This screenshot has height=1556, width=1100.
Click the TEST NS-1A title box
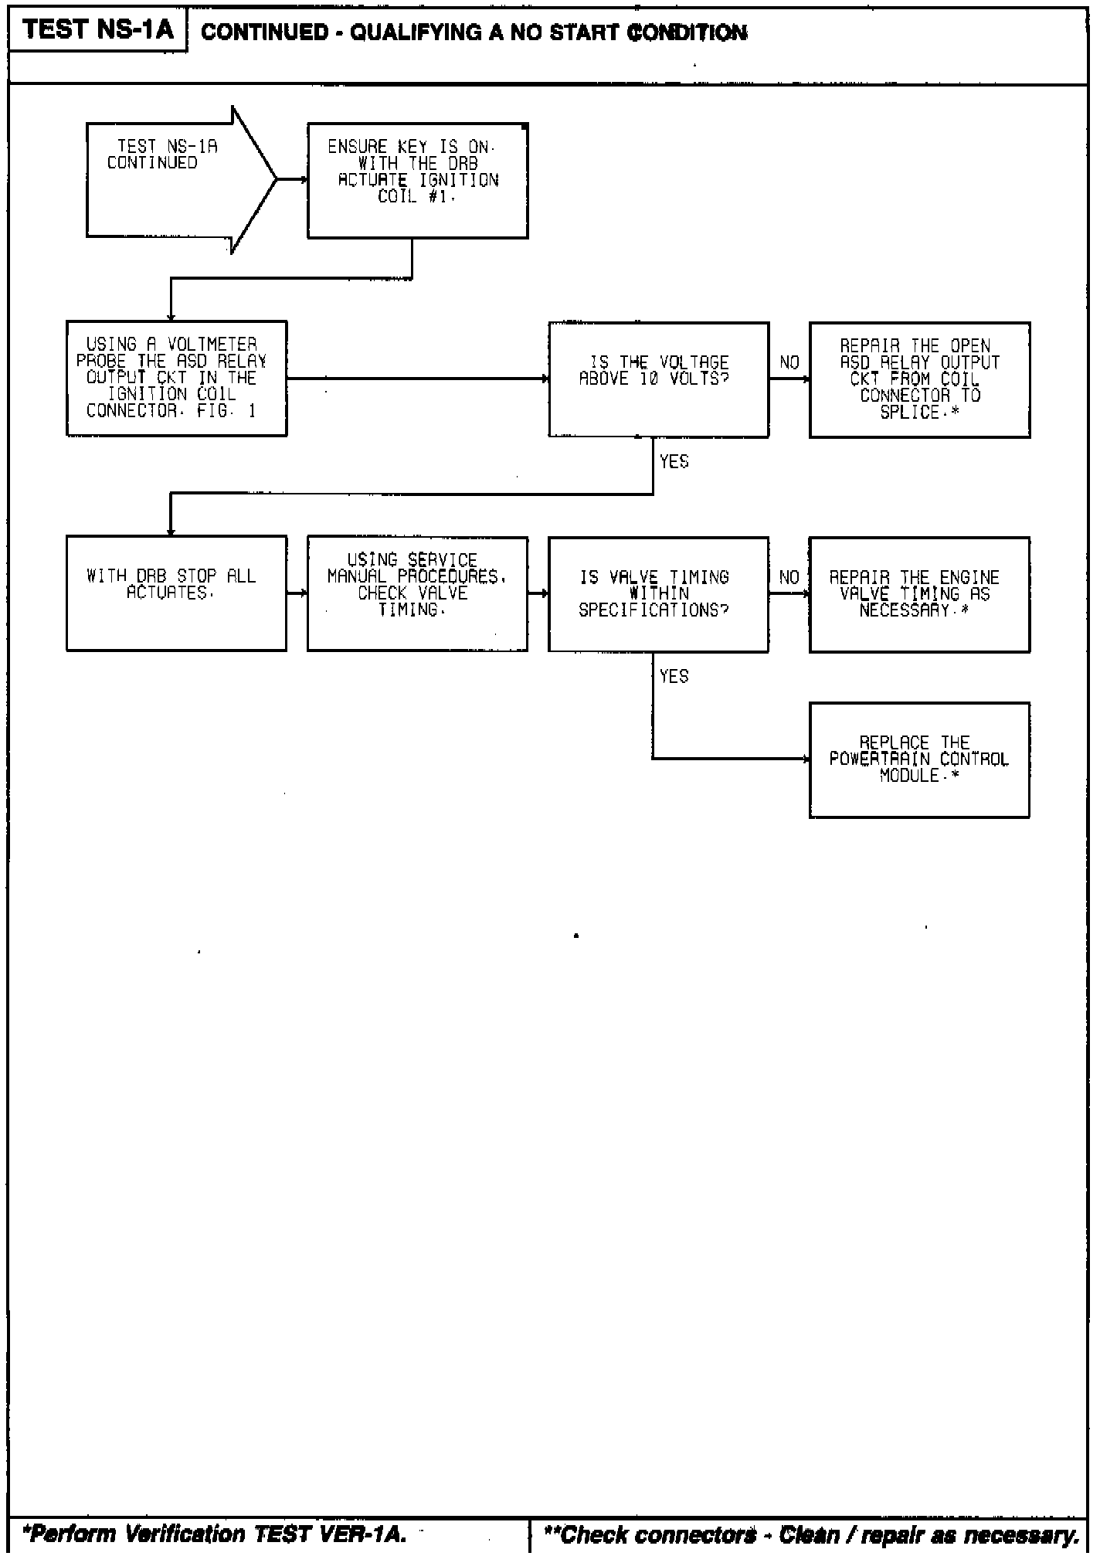97,30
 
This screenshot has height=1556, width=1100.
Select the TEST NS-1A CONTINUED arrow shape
174,179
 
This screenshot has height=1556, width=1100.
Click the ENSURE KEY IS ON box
417,180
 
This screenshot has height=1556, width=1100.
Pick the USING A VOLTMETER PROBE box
176,379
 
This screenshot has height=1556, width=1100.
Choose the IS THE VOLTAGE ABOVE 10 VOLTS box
658,379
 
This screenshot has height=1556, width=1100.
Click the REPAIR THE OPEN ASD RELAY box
919,379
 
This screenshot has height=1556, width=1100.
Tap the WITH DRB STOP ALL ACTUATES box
176,593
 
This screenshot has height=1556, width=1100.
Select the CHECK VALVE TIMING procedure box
417,593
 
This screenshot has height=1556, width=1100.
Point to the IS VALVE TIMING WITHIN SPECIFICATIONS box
658,593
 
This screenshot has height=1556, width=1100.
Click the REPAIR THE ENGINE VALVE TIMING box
919,594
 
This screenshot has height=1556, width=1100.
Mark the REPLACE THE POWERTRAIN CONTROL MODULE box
919,759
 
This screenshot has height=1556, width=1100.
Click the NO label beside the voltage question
789,362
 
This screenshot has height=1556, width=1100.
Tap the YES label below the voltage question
674,461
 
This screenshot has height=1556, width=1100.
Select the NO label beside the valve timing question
789,577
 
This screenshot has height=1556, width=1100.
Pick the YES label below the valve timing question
674,676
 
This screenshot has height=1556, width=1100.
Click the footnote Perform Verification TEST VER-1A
215,1534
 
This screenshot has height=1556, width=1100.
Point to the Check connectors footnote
811,1534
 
